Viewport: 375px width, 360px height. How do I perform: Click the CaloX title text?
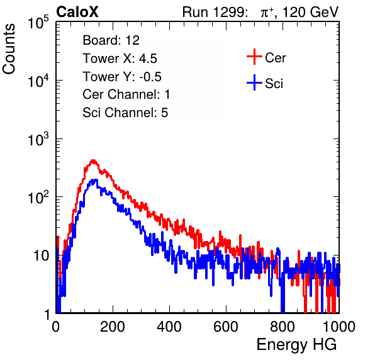pos(77,12)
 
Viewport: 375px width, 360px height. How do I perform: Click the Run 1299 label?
pos(215,12)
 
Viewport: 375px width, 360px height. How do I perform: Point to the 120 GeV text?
pos(310,12)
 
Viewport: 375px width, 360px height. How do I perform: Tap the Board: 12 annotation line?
pos(111,40)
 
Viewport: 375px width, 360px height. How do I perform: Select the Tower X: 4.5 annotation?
pos(120,59)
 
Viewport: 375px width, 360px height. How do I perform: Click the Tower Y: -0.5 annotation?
pos(122,77)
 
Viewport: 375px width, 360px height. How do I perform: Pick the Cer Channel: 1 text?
pos(126,94)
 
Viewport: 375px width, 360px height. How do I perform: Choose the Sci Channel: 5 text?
pos(125,113)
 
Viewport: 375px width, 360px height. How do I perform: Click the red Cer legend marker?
pos(254,57)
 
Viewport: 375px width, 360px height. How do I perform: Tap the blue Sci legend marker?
pos(254,83)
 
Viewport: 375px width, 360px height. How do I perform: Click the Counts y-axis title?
pos(9,48)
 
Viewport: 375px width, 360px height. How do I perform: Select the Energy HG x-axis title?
pos(296,345)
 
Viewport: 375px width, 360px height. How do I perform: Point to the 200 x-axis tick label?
pos(113,327)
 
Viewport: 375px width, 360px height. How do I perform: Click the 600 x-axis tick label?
pos(226,327)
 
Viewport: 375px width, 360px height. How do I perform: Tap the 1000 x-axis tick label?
pos(339,327)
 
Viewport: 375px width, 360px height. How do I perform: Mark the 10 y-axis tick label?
pos(42,256)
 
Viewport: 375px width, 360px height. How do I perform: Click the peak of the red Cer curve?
pos(93,160)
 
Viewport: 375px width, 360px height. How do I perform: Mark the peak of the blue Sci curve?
pos(96,179)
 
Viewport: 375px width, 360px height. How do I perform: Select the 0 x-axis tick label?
pos(56,327)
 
